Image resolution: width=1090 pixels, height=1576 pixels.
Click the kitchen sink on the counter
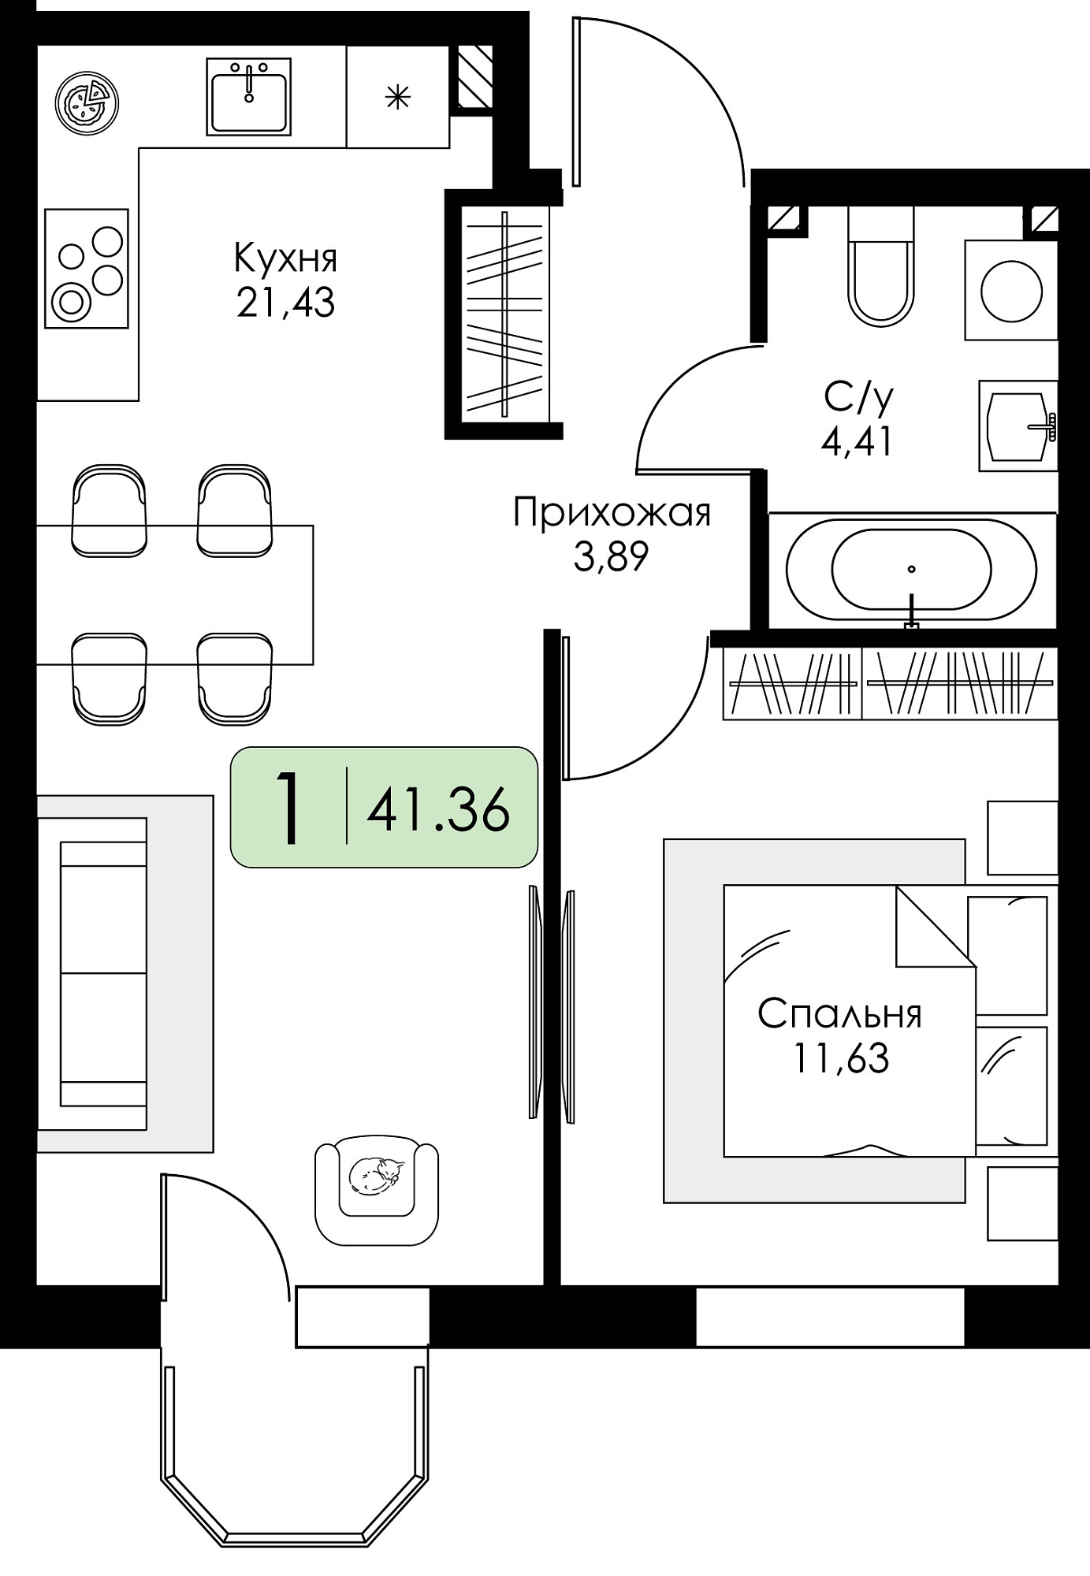pyautogui.click(x=249, y=96)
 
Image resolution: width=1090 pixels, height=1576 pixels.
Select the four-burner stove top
pyautogui.click(x=87, y=268)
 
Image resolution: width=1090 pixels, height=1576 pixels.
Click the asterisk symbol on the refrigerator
pyautogui.click(x=398, y=97)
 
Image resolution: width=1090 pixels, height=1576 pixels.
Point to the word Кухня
pyautogui.click(x=286, y=258)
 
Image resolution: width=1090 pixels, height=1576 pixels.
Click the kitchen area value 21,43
pyautogui.click(x=285, y=303)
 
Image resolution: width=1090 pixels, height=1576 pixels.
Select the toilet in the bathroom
pyautogui.click(x=881, y=266)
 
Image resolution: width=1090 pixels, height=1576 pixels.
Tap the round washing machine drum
pyautogui.click(x=1011, y=291)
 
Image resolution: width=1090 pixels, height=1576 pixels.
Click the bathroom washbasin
pyautogui.click(x=1018, y=426)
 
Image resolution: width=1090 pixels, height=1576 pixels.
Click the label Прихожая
pyautogui.click(x=612, y=514)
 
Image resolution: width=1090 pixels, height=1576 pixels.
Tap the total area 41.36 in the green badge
pyautogui.click(x=438, y=809)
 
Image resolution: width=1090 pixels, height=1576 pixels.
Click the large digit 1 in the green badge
pyautogui.click(x=289, y=808)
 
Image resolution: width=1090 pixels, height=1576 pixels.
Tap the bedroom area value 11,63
pyautogui.click(x=841, y=1058)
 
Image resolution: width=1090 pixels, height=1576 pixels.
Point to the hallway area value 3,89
pyautogui.click(x=611, y=558)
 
